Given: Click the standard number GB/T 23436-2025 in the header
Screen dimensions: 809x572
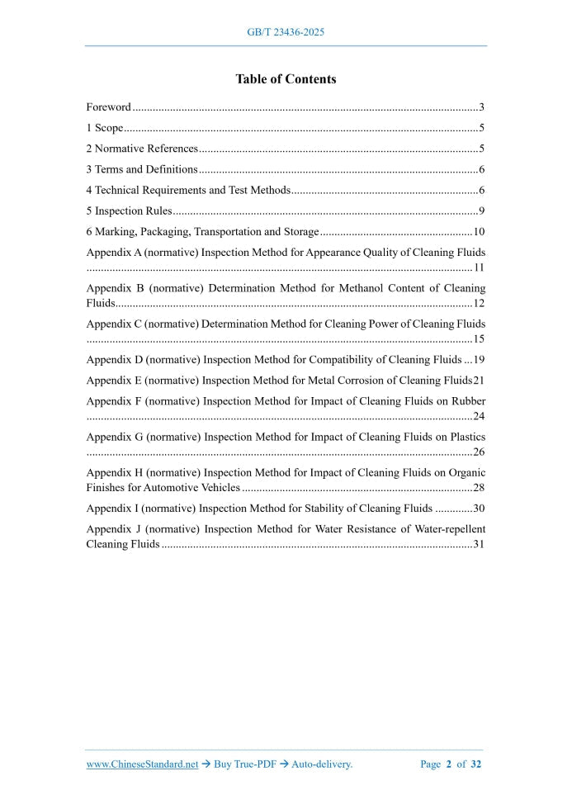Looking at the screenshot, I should click(286, 32).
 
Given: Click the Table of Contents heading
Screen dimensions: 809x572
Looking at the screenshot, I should click(286, 79).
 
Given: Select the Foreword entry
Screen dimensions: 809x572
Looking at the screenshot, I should click(109, 107).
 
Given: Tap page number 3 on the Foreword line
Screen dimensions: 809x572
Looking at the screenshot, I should click(481, 107).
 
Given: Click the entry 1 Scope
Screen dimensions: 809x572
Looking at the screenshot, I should click(105, 128).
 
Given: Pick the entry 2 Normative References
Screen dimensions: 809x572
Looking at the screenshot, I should click(142, 149).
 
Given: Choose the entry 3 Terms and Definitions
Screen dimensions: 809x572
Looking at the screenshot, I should click(142, 170).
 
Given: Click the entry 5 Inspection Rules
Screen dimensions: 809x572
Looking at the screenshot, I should click(129, 211).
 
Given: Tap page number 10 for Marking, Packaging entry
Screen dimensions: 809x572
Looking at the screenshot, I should click(479, 232).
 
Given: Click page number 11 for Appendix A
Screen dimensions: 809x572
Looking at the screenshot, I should click(479, 268).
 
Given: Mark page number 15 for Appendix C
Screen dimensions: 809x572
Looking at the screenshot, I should click(479, 339).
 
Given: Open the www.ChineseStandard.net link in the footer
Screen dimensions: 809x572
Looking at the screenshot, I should click(142, 764).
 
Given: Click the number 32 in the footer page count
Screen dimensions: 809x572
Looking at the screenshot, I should click(476, 764).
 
